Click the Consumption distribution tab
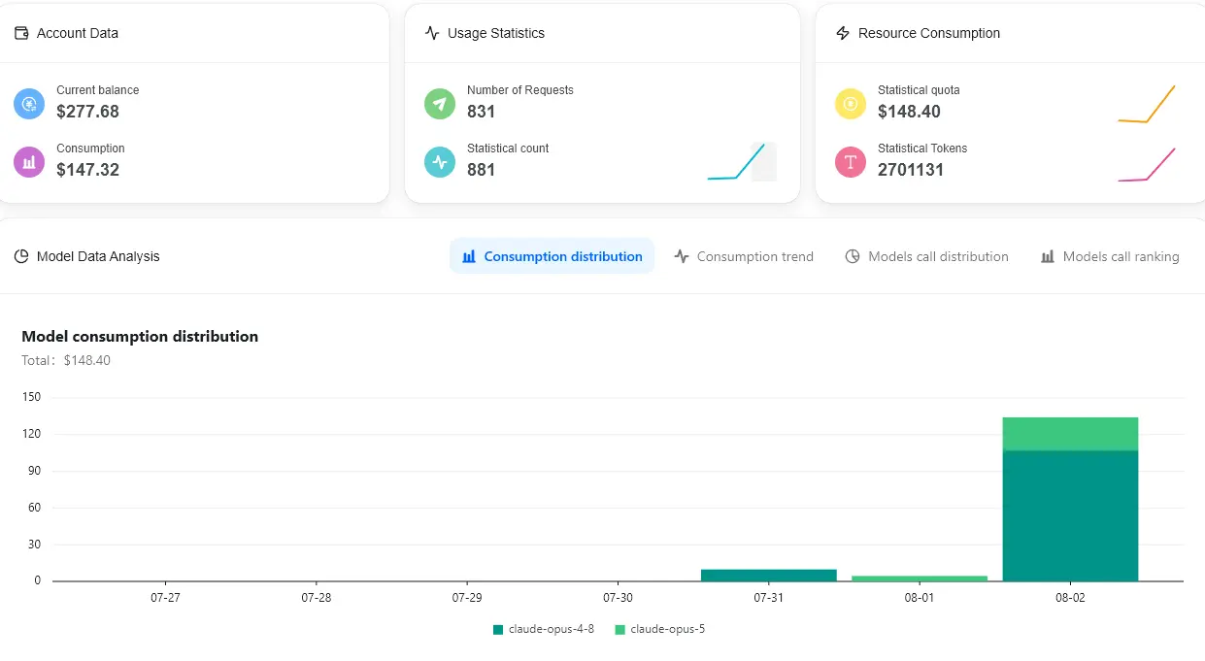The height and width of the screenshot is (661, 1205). coord(552,256)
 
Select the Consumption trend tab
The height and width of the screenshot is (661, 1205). coord(744,256)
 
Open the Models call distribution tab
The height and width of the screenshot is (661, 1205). coord(926,256)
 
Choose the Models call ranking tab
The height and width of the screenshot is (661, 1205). coord(1110,256)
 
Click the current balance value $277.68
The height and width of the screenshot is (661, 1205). coord(87,112)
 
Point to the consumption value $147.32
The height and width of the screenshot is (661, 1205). coord(87,170)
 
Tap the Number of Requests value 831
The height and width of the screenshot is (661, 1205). coord(481,112)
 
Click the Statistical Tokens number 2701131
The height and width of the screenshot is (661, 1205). coord(911,170)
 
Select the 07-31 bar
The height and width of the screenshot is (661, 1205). coord(769,575)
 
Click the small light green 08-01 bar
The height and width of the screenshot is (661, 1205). coord(920,578)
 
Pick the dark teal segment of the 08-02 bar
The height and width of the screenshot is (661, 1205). coord(1070,515)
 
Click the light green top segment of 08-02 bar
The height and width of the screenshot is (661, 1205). coord(1070,434)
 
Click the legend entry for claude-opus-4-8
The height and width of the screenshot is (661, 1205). coord(544,629)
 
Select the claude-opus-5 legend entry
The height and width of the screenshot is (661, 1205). coord(660,629)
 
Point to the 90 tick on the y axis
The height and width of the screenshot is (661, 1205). coord(34,471)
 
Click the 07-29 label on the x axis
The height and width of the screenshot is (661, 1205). coord(467,598)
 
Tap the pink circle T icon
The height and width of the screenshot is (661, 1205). coord(851,162)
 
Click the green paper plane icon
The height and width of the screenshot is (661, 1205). coord(440,104)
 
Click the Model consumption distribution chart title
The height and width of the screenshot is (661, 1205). coord(140,336)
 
